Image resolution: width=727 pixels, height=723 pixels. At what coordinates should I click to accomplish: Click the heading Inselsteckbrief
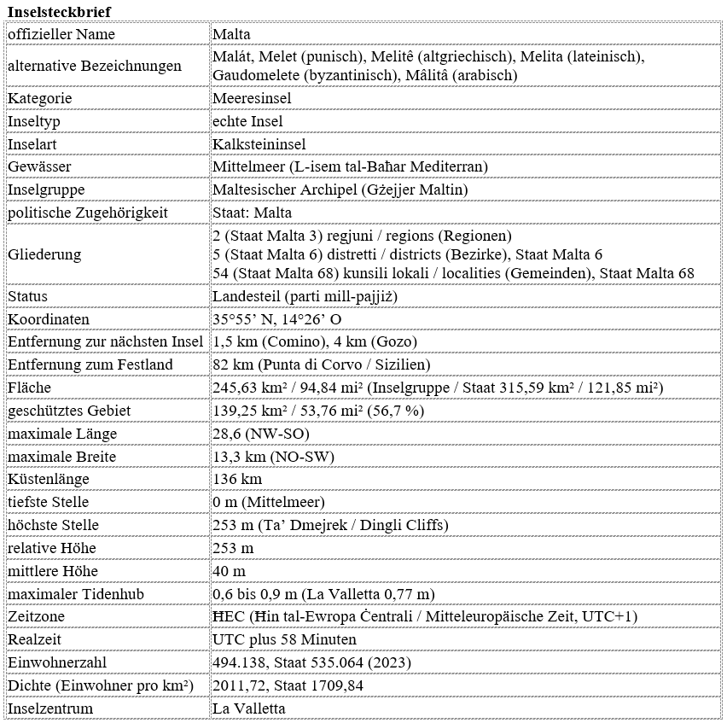tap(59, 10)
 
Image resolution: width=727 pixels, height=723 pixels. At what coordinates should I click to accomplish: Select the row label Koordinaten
tap(48, 319)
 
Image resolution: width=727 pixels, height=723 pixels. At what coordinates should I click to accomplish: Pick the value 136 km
tap(236, 479)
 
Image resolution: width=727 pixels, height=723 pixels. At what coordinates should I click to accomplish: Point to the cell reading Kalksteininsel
tap(259, 144)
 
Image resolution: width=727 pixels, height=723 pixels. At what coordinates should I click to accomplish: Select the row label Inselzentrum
tap(50, 708)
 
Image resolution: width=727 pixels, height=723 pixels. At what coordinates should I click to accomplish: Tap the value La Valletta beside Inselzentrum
tap(248, 708)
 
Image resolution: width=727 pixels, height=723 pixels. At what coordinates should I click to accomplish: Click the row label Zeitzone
tap(36, 616)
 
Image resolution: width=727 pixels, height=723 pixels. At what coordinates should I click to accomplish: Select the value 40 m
tap(229, 570)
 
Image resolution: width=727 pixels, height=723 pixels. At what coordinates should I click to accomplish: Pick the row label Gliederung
tap(44, 254)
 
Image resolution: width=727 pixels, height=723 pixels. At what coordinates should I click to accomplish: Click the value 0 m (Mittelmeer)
tap(268, 502)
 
